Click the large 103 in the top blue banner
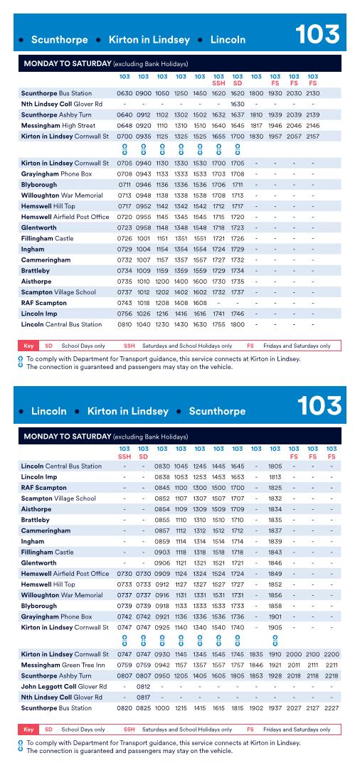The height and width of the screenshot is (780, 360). (x=317, y=35)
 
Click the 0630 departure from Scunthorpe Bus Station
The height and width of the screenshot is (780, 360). (x=125, y=93)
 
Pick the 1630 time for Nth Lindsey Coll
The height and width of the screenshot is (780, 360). (x=238, y=104)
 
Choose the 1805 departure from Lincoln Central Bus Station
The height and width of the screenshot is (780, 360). (x=275, y=466)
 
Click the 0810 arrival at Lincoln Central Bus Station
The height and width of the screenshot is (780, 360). (x=125, y=304)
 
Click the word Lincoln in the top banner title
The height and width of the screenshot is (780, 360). (x=228, y=40)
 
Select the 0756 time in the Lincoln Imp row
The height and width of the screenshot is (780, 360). (x=125, y=293)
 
